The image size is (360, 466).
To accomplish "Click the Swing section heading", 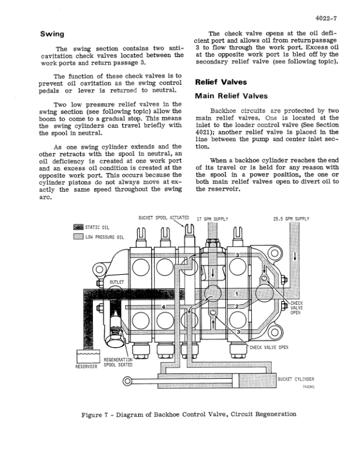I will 52,34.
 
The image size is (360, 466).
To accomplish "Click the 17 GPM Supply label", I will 212,219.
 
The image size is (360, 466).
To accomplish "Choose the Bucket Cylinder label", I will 296,379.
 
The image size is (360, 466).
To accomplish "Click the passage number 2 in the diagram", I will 236,307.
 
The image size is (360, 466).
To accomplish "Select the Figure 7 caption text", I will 188,414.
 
